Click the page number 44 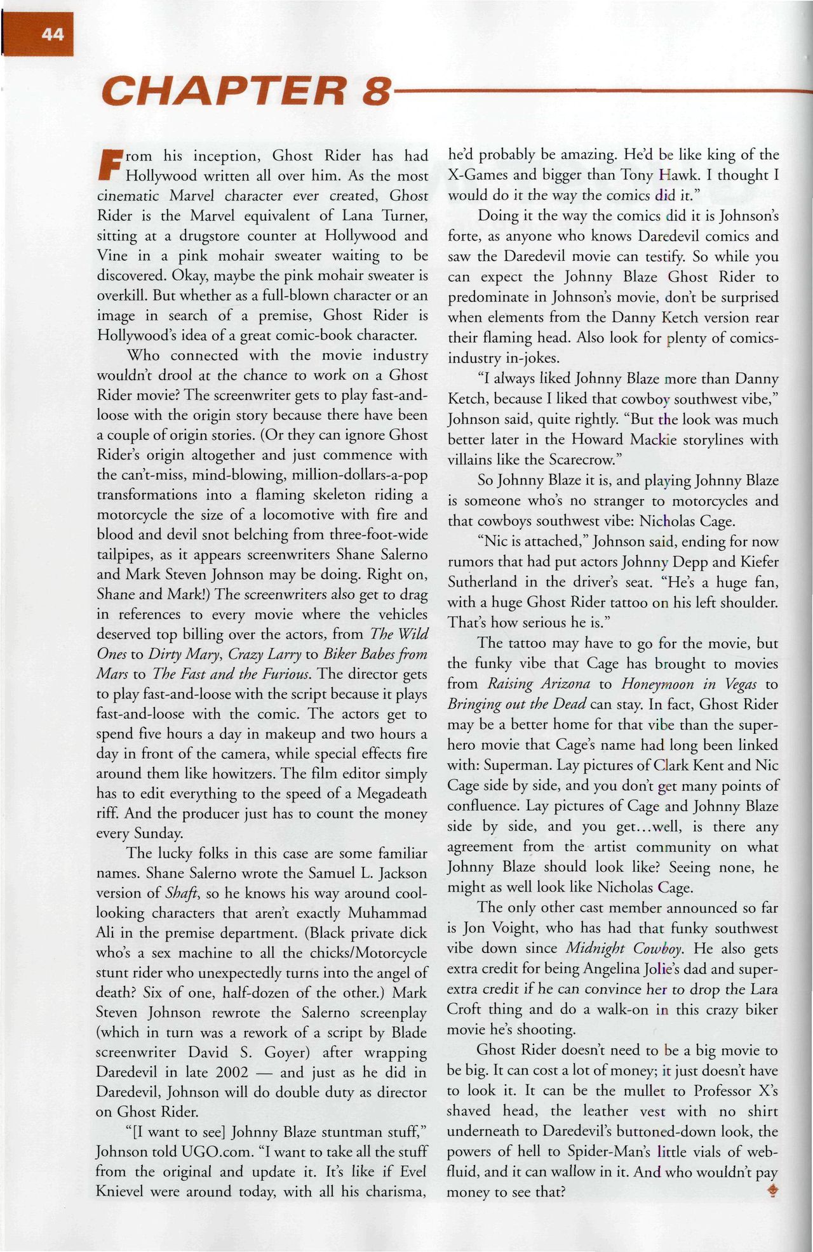tap(53, 34)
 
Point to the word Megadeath tap(392, 794)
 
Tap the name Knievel tap(125, 1192)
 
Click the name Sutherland tap(482, 582)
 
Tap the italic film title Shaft tap(183, 893)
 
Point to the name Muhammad tap(387, 913)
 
